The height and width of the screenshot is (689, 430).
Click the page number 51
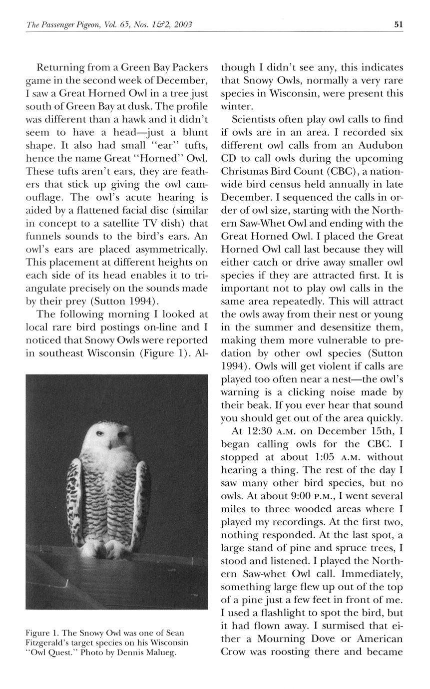coord(398,24)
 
